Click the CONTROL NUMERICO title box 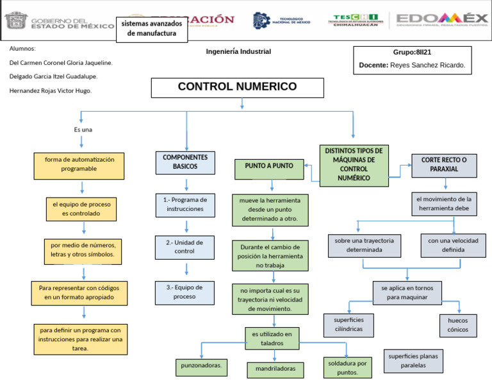pos(237,88)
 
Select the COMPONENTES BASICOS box pos(185,162)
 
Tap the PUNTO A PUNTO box pos(269,167)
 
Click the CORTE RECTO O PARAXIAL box pos(444,165)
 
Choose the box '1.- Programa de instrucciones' pos(185,204)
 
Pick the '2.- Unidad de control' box pos(184,247)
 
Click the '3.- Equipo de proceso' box pos(184,292)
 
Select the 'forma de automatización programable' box pos(79,165)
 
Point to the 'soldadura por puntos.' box pos(347,368)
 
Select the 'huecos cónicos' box pos(457,325)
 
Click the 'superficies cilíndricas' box pos(348,325)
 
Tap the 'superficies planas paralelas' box pos(413,360)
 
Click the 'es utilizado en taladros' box pos(272,339)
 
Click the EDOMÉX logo pos(442,20)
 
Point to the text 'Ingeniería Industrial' pos(238,52)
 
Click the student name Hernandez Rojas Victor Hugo pos(51,90)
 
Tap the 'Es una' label pos(83,130)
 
